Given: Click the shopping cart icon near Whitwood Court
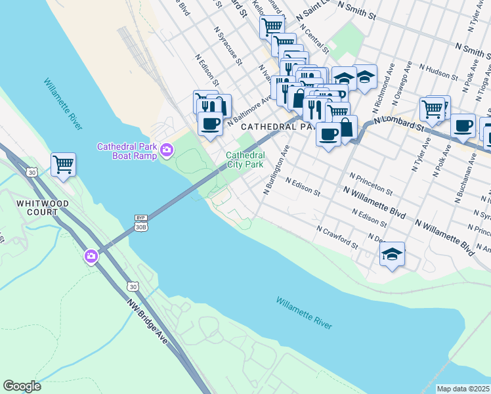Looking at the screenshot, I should pos(63,164).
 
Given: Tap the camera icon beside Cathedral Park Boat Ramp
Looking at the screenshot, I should pos(167,151).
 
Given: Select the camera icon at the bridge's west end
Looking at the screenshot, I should pos(91,256).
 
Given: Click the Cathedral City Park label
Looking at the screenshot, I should pos(245,160).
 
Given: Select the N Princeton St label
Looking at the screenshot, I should pos(370,185).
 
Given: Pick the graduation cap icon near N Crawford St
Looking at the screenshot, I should pos(392,253).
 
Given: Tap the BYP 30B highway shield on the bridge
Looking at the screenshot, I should pos(140,223).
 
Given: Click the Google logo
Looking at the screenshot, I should pos(22,386).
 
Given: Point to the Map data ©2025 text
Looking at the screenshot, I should pos(463,389).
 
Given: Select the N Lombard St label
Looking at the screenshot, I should pos(398,122).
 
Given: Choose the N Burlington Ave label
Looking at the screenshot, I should pos(276,170).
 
